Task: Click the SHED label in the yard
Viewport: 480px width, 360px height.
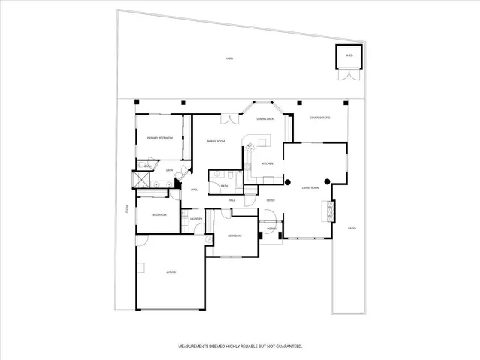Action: tap(349, 55)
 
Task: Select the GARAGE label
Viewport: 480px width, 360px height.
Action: tap(171, 271)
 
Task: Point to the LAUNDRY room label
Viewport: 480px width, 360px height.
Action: tap(196, 219)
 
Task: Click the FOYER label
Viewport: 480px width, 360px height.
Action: tap(271, 200)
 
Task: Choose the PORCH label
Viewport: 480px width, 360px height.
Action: tap(271, 229)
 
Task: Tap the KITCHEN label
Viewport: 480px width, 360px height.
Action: tap(267, 163)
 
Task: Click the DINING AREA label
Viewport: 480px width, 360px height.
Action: tap(265, 119)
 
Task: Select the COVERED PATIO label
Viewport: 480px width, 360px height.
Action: tap(320, 118)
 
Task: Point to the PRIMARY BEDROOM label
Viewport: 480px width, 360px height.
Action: tap(160, 138)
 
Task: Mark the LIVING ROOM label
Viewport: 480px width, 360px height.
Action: tap(311, 187)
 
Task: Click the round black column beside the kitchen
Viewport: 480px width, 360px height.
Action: tap(287, 181)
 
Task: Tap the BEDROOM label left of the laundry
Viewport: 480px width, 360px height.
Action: tap(159, 215)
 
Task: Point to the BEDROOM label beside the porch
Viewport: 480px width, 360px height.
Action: tap(235, 235)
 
